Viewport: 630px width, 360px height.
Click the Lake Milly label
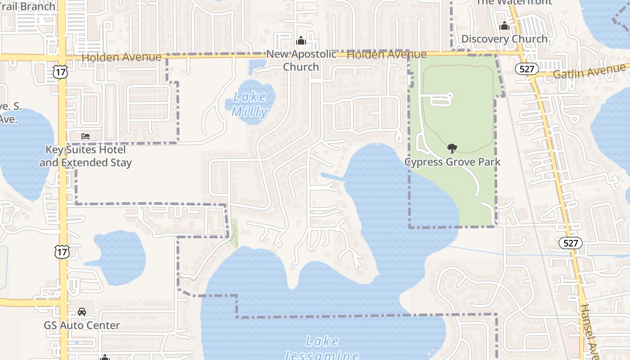(250, 104)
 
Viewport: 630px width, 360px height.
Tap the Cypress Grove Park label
(452, 162)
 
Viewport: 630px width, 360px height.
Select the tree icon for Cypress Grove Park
(452, 148)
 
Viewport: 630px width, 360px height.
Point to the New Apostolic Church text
(301, 60)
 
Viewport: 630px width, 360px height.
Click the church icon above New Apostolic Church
(301, 41)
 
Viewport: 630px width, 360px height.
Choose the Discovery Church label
(504, 39)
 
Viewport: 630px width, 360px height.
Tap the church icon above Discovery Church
(504, 26)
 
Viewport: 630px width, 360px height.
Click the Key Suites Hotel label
(85, 156)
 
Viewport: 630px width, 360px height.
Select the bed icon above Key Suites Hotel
(85, 136)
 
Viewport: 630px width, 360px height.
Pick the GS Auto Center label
(82, 325)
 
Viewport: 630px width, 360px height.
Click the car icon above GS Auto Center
(82, 311)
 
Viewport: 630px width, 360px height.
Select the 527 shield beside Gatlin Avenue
(526, 68)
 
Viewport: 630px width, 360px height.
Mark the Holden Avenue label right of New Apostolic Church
(387, 54)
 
